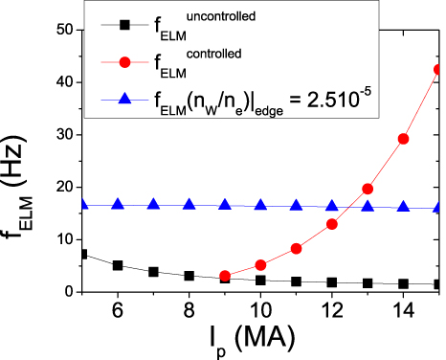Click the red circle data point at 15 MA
tap(438, 69)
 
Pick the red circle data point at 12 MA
tap(332, 224)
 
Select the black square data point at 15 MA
tap(438, 284)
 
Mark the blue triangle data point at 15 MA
tap(438, 207)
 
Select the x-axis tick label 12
tap(332, 311)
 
